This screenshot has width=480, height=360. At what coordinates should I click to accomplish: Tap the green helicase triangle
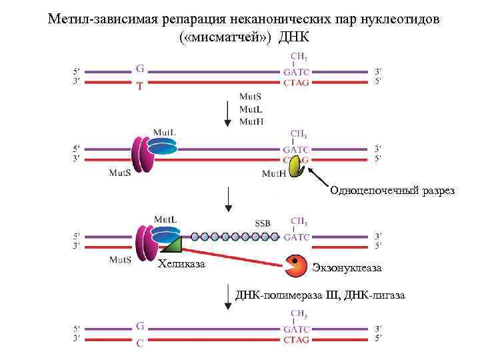171,245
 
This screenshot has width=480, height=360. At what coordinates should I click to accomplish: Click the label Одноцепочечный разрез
391,191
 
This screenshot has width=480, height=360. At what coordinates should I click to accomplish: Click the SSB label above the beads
263,223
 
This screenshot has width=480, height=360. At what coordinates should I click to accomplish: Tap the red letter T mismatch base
139,86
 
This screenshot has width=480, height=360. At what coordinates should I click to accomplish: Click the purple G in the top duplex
139,68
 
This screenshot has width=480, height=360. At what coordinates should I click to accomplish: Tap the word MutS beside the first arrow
250,97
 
